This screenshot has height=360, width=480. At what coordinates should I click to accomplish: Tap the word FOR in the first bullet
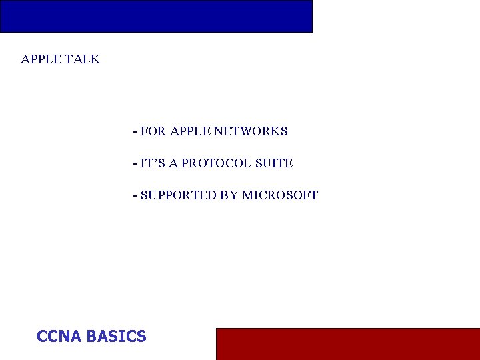click(153, 131)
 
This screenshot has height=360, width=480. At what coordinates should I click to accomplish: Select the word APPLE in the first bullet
click(190, 131)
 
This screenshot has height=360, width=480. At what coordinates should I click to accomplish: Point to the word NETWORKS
click(251, 131)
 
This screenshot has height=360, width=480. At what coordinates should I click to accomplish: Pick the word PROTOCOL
click(214, 163)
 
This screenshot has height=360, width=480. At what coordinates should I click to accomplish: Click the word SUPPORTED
click(179, 195)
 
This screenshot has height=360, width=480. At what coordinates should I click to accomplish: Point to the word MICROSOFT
click(280, 195)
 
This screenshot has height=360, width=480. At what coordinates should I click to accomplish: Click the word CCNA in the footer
click(59, 337)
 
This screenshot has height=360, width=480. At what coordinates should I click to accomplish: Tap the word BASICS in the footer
click(116, 337)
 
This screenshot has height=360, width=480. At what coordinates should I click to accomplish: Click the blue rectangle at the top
click(156, 16)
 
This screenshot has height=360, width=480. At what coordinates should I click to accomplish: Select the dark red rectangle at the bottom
click(347, 343)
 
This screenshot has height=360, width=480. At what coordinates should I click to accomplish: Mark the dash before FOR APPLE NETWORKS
click(135, 132)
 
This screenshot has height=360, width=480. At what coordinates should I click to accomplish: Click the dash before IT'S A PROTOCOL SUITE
click(135, 164)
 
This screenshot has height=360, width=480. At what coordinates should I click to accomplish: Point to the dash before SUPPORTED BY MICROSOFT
click(135, 196)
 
